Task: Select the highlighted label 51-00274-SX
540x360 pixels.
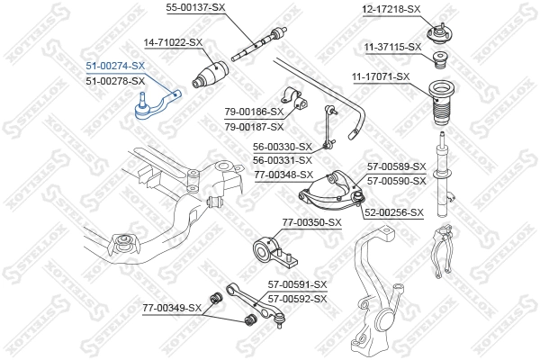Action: (114, 66)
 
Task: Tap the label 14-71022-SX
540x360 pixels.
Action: (174, 42)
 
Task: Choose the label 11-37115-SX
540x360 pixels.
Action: (392, 46)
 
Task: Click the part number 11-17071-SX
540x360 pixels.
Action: (380, 76)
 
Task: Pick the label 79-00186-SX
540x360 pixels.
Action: (254, 111)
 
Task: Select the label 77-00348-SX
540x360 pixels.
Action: (283, 175)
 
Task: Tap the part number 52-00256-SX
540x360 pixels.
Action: (394, 212)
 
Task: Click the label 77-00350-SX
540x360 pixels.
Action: (312, 221)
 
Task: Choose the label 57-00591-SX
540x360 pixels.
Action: (296, 284)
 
